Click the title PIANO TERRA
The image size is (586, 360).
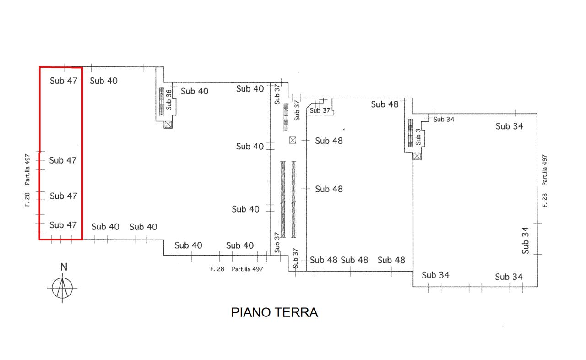[x=274, y=312]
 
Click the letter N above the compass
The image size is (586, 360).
[x=64, y=267]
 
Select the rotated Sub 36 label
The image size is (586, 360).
[x=169, y=100]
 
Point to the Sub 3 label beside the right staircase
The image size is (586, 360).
[x=418, y=136]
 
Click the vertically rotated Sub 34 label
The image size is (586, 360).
[x=525, y=240]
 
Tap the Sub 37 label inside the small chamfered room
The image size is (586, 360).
[x=320, y=110]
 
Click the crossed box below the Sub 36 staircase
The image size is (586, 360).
[x=168, y=125]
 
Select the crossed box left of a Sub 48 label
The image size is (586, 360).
[x=293, y=140]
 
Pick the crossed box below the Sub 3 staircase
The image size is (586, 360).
[x=417, y=156]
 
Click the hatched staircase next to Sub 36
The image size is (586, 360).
[x=162, y=102]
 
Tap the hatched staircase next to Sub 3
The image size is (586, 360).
[x=411, y=133]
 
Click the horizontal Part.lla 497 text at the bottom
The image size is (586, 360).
[x=247, y=269]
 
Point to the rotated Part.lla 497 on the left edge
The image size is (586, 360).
[x=27, y=169]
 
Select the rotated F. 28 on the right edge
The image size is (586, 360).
[x=544, y=201]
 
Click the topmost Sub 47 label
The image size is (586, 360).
[x=64, y=81]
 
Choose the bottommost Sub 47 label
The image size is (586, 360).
[x=63, y=225]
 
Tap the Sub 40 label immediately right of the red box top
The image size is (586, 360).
[x=103, y=81]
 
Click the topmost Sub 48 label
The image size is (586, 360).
[x=385, y=104]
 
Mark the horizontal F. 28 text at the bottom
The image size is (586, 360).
[x=217, y=269]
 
